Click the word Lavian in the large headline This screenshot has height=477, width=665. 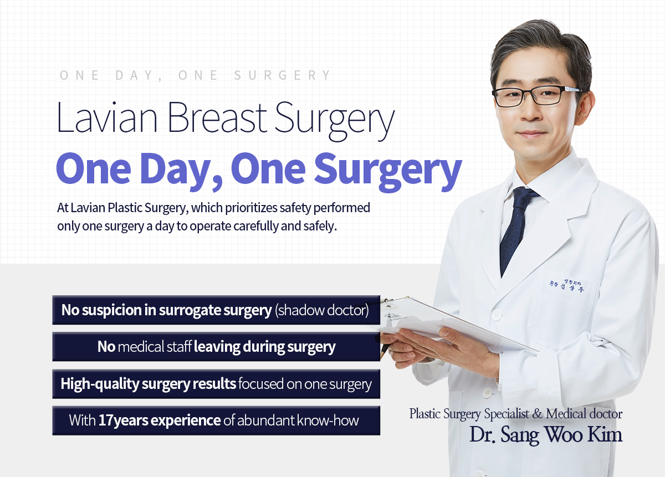pos(107,117)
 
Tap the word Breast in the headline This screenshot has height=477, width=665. pos(217,117)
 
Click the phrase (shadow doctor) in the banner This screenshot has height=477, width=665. pos(322,310)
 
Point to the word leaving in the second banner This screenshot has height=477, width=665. pos(217,346)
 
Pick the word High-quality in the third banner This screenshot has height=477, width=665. pos(99,384)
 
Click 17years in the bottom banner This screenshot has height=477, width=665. pos(123,421)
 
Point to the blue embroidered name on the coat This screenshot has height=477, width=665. pos(566,285)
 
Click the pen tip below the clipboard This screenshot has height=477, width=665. pos(381,356)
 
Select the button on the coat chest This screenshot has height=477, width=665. pos(496,315)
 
